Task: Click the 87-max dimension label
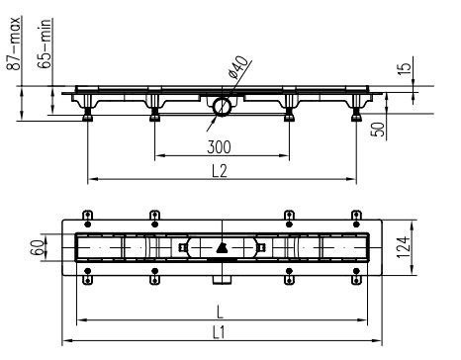(15, 43)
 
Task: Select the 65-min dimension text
(45, 44)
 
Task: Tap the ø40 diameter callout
(237, 67)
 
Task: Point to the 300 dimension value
(219, 147)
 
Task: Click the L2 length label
(220, 171)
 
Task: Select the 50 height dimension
(378, 130)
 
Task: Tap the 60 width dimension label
(37, 248)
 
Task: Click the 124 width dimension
(403, 247)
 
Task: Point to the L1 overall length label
(219, 332)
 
